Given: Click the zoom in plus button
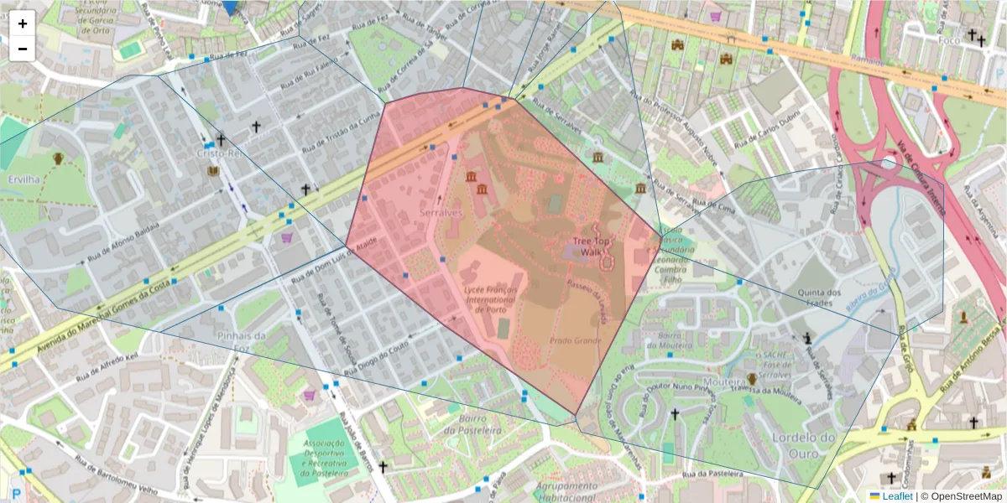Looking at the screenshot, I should (23, 23).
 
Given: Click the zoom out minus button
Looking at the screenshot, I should (23, 49).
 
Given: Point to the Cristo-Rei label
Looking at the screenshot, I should (218, 153).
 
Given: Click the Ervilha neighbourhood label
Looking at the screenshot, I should (23, 179).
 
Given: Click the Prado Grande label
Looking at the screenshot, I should (576, 340).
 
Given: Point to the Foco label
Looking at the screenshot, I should (949, 39).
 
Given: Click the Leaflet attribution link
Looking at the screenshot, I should (896, 496).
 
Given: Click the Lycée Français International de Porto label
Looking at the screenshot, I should (490, 299).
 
